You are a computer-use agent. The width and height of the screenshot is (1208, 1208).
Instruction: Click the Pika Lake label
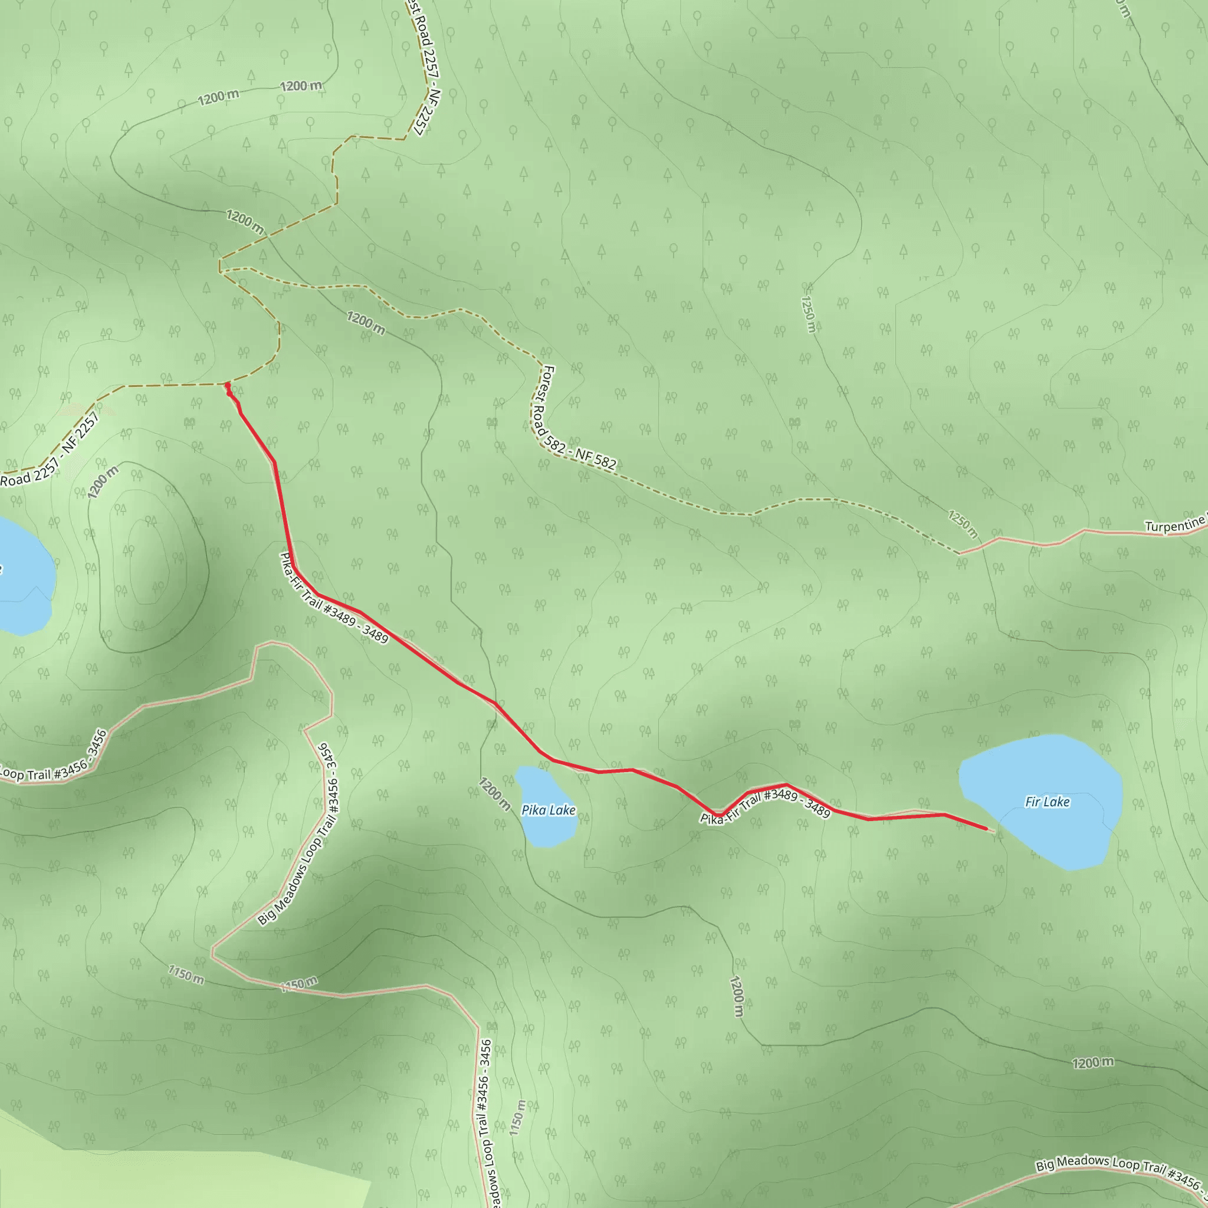pos(548,810)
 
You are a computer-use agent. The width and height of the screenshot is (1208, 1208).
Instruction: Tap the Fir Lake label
pos(1048,802)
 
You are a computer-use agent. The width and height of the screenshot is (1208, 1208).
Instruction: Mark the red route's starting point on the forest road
pos(228,385)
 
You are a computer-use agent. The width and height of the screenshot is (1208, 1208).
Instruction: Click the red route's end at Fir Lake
pos(986,829)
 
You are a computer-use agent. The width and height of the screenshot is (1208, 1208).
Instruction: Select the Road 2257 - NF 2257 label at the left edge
pos(50,450)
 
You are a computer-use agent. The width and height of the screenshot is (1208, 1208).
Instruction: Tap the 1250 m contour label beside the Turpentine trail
pos(963,524)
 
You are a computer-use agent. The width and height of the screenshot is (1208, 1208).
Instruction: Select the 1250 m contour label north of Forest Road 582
pos(808,314)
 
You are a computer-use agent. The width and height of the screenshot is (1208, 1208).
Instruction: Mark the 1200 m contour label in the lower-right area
pos(1092,1062)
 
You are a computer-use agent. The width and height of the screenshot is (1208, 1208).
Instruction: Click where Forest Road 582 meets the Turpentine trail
pos(959,553)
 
